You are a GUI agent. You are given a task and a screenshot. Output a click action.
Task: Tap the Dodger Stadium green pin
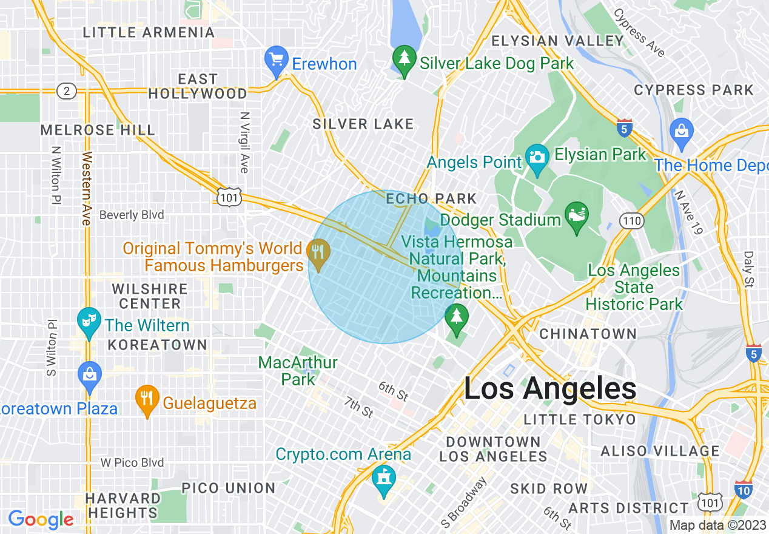[x=576, y=216]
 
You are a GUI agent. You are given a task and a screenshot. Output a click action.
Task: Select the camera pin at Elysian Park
[x=537, y=157]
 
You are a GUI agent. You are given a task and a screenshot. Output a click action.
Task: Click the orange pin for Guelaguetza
[x=146, y=399]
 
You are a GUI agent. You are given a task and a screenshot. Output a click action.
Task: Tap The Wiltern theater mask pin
[x=90, y=321]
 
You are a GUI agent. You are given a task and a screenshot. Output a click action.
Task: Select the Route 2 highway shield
[x=66, y=91]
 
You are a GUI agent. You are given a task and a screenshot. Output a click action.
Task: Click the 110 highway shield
[x=632, y=221]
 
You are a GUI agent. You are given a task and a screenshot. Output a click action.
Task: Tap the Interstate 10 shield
[x=743, y=489]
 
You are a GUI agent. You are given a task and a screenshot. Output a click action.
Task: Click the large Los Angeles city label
[x=550, y=388]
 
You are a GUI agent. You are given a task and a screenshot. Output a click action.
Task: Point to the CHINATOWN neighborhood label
[x=588, y=334]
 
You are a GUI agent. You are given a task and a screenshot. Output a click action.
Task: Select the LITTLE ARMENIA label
[x=149, y=32]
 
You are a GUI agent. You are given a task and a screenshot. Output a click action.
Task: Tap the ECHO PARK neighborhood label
[x=431, y=198]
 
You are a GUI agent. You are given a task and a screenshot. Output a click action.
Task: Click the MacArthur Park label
[x=298, y=371]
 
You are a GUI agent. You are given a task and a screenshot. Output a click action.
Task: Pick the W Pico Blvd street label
[x=132, y=462]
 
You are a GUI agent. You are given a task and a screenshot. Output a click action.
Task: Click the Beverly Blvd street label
[x=132, y=215]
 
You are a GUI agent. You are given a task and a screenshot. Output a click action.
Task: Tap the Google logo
[x=41, y=519]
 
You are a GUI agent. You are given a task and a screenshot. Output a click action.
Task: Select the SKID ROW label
[x=549, y=488]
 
